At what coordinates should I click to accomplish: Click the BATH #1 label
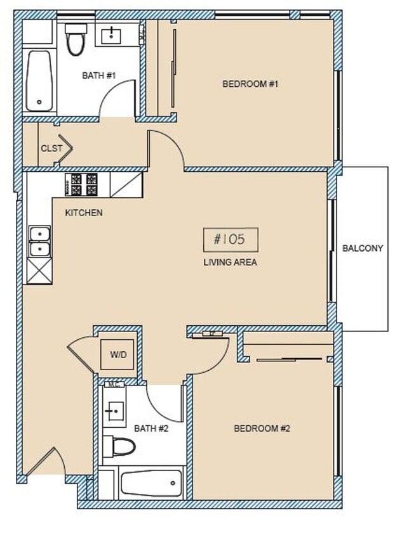pos(99,75)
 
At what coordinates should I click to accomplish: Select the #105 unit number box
pos(231,240)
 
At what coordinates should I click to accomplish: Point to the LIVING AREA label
pos(230,262)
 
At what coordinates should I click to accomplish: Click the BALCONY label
pos(363,248)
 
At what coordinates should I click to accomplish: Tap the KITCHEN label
pos(84,213)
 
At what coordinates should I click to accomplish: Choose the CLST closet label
pos(51,148)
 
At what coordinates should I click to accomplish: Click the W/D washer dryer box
pos(117,355)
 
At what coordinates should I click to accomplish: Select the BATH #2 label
pos(151,429)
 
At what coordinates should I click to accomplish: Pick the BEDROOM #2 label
pos(262,429)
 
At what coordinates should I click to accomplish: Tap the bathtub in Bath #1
pos(39,81)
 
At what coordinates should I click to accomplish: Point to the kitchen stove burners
pos(82,184)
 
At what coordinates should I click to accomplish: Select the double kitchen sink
pos(39,242)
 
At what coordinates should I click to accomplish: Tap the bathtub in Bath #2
pos(152,484)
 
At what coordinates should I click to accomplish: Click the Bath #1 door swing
pos(119,98)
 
